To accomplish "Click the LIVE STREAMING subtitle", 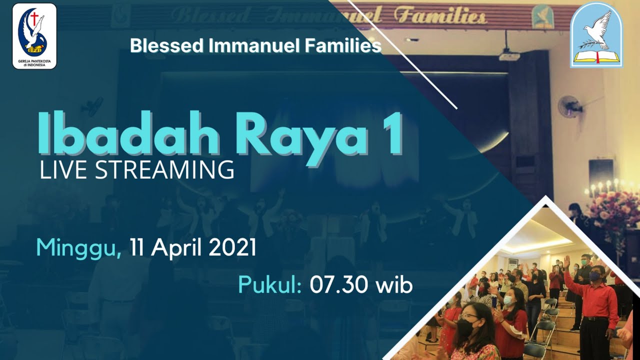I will [136, 170].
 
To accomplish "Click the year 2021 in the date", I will [232, 247].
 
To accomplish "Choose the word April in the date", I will [174, 248].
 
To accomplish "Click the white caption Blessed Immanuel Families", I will [255, 46].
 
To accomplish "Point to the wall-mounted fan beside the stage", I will [570, 106].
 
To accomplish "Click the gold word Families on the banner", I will [439, 17].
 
